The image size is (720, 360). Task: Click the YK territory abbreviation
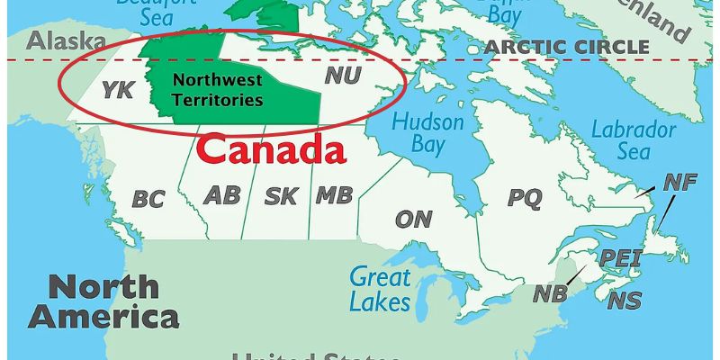coord(118,89)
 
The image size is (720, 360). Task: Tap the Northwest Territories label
coord(218,90)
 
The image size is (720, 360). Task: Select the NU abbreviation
coord(342,76)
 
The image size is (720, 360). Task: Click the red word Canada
coord(272,149)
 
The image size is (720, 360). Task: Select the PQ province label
coord(525,197)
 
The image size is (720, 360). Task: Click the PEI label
coord(620,258)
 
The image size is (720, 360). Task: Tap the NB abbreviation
coord(550,294)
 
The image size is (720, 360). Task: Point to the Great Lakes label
coord(380,288)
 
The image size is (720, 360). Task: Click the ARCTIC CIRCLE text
coord(566,47)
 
